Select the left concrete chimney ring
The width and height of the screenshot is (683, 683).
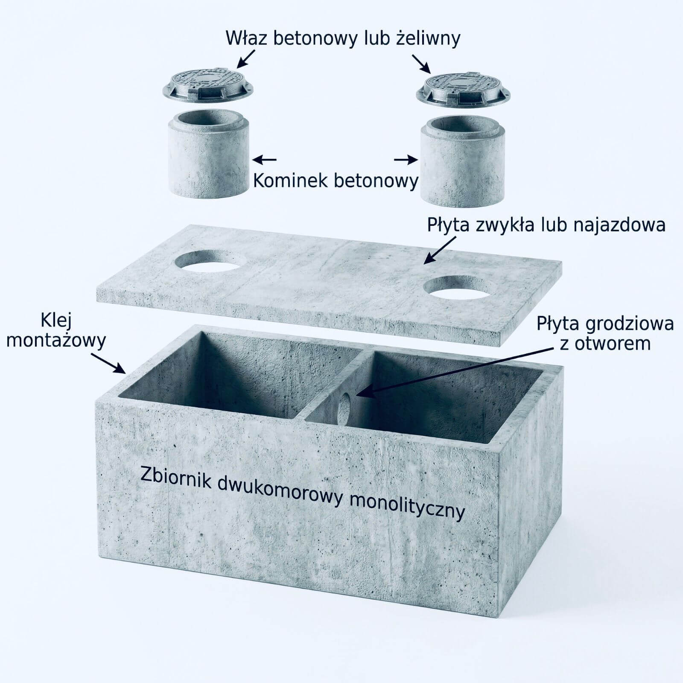tap(208, 153)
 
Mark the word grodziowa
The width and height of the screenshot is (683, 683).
tap(630, 324)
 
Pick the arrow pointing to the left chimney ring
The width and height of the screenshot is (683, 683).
tap(265, 160)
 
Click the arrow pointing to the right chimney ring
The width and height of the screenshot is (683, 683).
tap(406, 160)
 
